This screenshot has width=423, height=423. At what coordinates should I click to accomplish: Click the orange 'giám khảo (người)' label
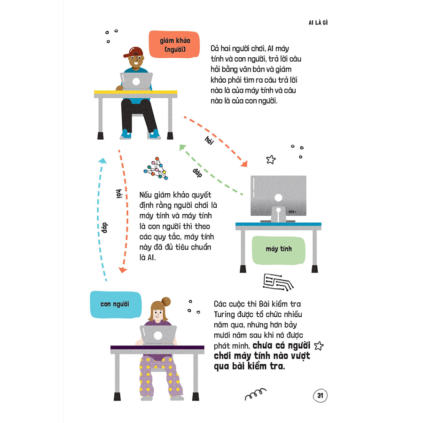[174, 45]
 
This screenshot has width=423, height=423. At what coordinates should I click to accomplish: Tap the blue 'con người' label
[116, 304]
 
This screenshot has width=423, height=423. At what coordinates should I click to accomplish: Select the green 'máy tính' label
[278, 250]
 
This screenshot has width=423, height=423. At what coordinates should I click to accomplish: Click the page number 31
[320, 395]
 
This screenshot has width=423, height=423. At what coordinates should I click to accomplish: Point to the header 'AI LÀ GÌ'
[318, 23]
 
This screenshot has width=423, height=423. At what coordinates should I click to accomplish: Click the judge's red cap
[133, 52]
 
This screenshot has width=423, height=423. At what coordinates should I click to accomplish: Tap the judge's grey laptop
[136, 81]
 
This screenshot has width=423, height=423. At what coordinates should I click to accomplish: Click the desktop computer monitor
[278, 196]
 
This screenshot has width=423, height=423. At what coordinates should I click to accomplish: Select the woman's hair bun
[165, 302]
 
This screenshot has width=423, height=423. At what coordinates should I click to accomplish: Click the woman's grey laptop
[158, 335]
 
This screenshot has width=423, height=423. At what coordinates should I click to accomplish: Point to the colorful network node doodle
[156, 168]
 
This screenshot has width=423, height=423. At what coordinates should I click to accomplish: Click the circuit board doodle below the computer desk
[278, 282]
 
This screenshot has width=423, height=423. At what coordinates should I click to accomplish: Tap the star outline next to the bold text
[319, 345]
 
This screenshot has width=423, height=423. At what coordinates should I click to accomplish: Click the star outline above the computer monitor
[271, 159]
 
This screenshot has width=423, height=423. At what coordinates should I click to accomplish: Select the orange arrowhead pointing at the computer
[244, 164]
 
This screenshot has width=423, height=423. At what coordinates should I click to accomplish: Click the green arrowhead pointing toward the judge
[182, 147]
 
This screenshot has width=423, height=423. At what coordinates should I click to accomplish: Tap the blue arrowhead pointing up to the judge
[102, 161]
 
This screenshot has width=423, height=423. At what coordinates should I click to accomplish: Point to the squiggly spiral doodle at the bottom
[256, 394]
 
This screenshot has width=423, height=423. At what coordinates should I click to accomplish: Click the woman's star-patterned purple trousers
[161, 376]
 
